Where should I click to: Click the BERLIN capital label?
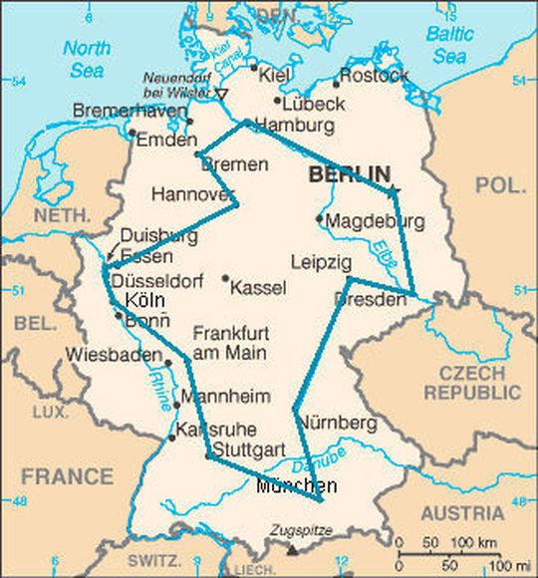(349, 174)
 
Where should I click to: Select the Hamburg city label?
(295, 126)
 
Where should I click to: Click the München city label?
(296, 486)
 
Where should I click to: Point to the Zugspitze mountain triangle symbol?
(292, 548)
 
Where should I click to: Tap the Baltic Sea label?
(450, 44)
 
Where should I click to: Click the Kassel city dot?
(226, 279)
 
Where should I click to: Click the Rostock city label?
(375, 76)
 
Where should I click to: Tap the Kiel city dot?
(253, 71)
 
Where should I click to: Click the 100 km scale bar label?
(462, 543)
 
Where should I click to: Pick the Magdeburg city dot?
(319, 218)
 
